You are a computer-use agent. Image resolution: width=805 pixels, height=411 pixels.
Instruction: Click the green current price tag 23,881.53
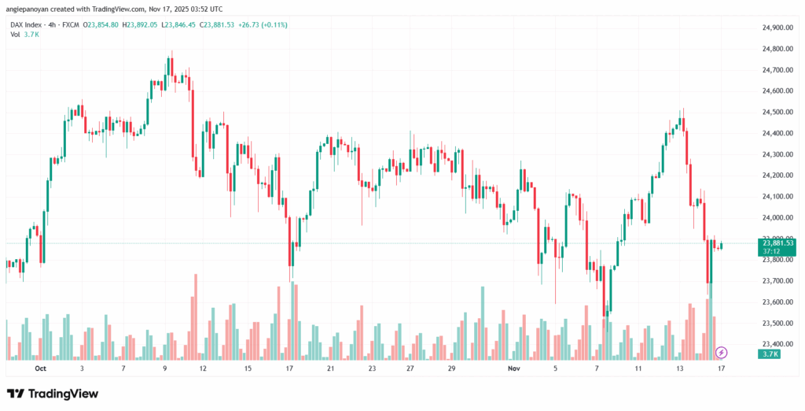coord(778,243)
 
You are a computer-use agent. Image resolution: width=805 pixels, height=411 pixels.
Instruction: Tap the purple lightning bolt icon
coord(722,352)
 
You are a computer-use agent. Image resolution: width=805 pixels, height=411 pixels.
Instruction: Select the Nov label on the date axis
coord(514,368)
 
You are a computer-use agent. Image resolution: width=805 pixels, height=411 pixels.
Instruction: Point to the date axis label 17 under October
coord(289,368)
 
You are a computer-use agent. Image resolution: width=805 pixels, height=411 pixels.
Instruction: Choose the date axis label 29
coord(451,368)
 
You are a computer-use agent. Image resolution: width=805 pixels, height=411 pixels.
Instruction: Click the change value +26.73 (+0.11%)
coord(260,24)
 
